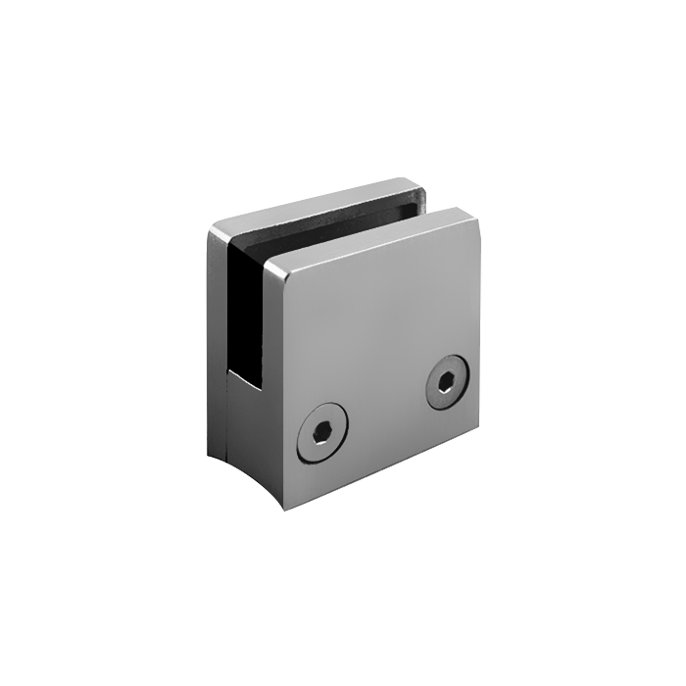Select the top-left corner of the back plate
(x=213, y=227)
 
